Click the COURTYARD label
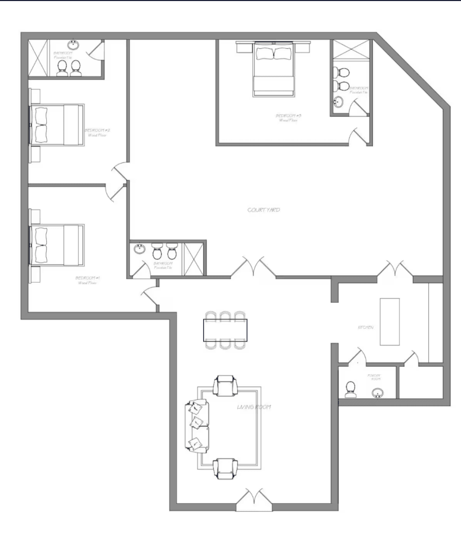tap(263, 210)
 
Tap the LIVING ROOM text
tap(254, 407)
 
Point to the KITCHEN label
tap(365, 327)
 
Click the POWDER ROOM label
tap(374, 377)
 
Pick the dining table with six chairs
tap(225, 330)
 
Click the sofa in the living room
tap(196, 426)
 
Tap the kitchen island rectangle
tap(390, 322)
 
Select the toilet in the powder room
tap(351, 389)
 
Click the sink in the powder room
tap(378, 392)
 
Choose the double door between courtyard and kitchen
tap(394, 269)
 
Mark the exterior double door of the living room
tap(254, 500)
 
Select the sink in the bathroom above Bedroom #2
tap(72, 46)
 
